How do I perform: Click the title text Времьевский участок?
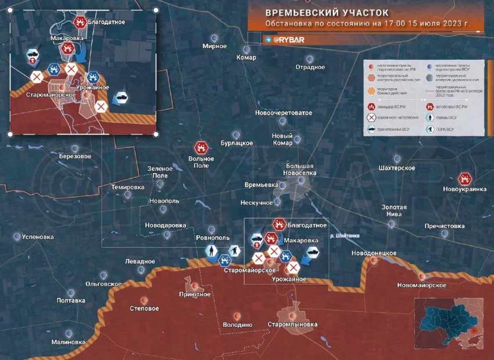(327, 12)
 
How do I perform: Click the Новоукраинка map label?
(464, 189)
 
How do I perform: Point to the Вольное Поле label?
(202, 162)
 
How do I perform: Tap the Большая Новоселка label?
(300, 169)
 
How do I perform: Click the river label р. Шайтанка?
(345, 236)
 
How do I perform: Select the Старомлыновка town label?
(293, 324)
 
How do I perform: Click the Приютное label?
(195, 294)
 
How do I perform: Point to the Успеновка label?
(37, 237)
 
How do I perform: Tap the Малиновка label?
(68, 342)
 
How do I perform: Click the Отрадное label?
(310, 67)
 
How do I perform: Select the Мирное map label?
(214, 46)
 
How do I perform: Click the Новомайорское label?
(422, 285)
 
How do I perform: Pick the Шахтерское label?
(397, 168)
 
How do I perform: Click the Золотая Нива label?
(394, 210)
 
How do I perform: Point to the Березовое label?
(75, 156)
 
